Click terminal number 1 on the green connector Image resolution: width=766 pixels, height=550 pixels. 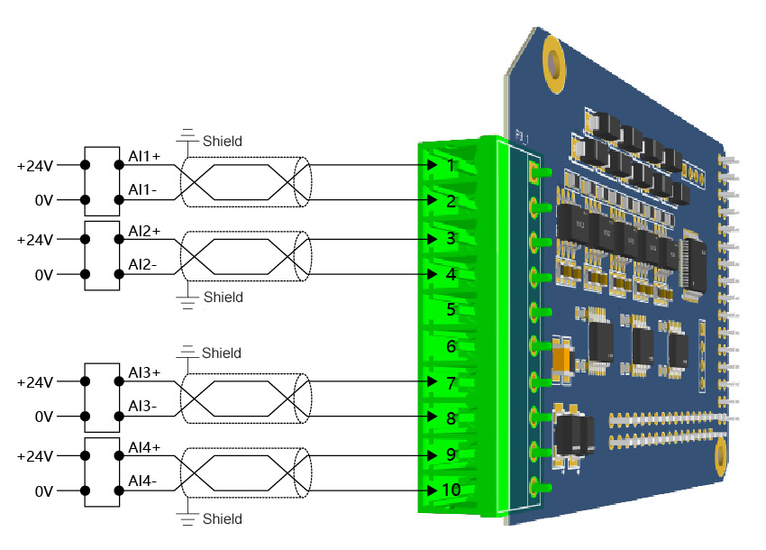pos(451,166)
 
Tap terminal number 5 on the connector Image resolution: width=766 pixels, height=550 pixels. pos(451,309)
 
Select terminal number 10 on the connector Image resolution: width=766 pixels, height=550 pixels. pos(451,490)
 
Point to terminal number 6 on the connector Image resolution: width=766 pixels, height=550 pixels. pos(451,346)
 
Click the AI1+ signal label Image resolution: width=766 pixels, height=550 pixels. pos(144,156)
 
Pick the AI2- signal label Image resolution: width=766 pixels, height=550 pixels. pos(142,264)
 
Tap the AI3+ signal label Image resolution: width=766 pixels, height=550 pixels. pos(144,372)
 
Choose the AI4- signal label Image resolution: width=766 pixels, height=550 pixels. pos(142,481)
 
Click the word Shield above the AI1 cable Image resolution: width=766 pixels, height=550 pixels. pos(223,142)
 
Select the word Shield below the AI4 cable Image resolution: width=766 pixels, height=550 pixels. pos(223,519)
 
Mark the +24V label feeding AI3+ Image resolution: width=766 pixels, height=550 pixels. pos(36,382)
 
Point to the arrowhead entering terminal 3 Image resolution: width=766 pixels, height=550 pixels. pos(434,239)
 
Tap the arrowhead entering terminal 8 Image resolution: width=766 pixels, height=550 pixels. pos(434,417)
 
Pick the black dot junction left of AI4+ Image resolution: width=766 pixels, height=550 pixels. pos(119,454)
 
